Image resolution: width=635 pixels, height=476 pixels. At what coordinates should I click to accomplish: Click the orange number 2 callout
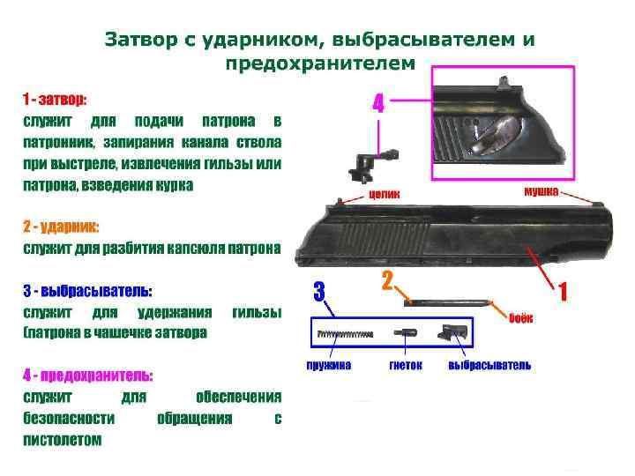click(x=387, y=281)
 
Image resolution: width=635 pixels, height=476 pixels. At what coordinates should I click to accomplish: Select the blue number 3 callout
click(x=319, y=290)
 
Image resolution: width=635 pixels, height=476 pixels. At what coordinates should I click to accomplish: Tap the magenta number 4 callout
click(x=378, y=104)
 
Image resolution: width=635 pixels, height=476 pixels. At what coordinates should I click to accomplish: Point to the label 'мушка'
click(x=541, y=191)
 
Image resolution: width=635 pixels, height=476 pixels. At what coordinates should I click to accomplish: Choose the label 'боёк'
click(x=520, y=317)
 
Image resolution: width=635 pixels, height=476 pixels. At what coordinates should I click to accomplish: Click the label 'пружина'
click(x=329, y=365)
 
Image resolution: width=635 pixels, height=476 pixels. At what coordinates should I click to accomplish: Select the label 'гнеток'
click(x=406, y=365)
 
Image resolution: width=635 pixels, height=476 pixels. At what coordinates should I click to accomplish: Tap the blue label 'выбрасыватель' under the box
click(x=489, y=365)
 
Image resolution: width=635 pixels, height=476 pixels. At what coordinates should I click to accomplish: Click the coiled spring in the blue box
click(x=340, y=334)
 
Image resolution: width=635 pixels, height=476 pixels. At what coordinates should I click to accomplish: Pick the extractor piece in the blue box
click(x=454, y=333)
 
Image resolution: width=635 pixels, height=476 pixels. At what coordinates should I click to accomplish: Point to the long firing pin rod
click(x=445, y=301)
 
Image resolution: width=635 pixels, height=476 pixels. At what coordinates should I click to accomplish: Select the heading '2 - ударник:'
click(x=61, y=227)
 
